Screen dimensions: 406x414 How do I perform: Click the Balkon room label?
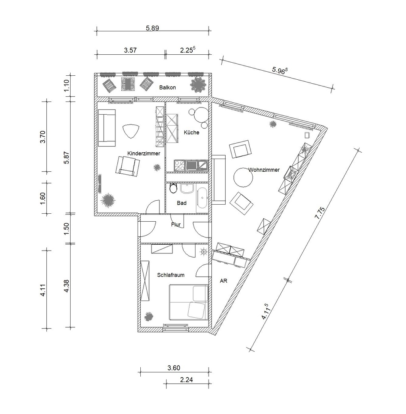[167, 87]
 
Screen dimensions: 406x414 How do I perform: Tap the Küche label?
[192, 132]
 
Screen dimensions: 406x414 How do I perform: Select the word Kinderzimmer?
[144, 153]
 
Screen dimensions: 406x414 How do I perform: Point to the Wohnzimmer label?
[264, 170]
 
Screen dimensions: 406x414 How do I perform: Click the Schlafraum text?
[171, 275]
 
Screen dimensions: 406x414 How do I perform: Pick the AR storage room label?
[223, 281]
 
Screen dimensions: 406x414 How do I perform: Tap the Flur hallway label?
[176, 224]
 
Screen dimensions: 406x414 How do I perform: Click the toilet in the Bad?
[173, 188]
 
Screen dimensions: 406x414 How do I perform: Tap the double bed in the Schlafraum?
[188, 302]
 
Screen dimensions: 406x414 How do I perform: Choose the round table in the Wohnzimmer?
[243, 178]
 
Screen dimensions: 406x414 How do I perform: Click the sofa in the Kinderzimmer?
[107, 128]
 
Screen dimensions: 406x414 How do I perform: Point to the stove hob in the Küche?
[180, 165]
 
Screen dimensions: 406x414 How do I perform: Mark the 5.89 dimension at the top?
[153, 28]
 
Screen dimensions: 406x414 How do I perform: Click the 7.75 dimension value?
[320, 213]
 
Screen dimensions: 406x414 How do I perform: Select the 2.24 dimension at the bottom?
[186, 379]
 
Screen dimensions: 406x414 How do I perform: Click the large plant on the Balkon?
[199, 84]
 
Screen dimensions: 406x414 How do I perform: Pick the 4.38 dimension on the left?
[66, 286]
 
